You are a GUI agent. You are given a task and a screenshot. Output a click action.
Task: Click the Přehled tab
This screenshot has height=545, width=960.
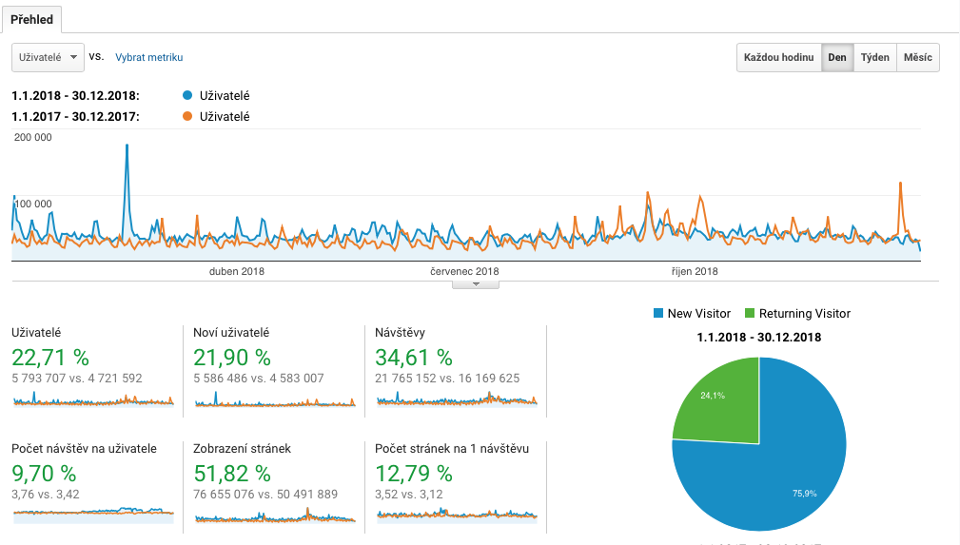[x=31, y=19]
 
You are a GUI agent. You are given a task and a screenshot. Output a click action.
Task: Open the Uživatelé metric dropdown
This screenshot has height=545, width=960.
[x=48, y=57]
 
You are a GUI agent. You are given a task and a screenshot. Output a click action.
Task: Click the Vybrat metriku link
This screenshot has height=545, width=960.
[x=148, y=57]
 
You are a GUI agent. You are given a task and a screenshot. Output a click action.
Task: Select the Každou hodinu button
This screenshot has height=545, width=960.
[x=779, y=57]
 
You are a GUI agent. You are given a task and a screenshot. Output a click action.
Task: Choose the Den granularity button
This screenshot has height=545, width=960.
[x=837, y=57]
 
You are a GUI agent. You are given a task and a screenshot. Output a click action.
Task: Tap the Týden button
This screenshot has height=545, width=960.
[x=874, y=57]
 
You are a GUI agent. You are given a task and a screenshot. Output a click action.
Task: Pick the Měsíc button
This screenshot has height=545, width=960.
[x=917, y=57]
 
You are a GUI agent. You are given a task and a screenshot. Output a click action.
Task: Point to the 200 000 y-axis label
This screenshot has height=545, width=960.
[x=33, y=137]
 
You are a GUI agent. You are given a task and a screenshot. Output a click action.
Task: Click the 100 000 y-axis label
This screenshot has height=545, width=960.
[x=33, y=204]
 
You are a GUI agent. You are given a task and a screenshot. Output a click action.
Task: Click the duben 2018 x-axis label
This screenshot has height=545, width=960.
[x=237, y=271]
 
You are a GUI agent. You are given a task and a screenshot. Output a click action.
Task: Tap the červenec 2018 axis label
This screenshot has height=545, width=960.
[x=464, y=271]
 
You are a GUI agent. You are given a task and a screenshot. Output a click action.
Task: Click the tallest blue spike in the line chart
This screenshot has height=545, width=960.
[x=127, y=146]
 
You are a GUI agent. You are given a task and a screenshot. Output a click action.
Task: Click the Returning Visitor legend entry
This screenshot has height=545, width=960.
[x=797, y=313]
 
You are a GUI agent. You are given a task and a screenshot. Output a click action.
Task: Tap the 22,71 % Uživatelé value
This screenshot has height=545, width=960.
[x=50, y=358]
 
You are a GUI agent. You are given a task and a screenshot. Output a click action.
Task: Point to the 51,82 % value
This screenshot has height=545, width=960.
[x=232, y=473]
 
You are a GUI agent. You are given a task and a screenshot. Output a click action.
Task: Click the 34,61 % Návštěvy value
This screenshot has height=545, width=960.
[x=414, y=358]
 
